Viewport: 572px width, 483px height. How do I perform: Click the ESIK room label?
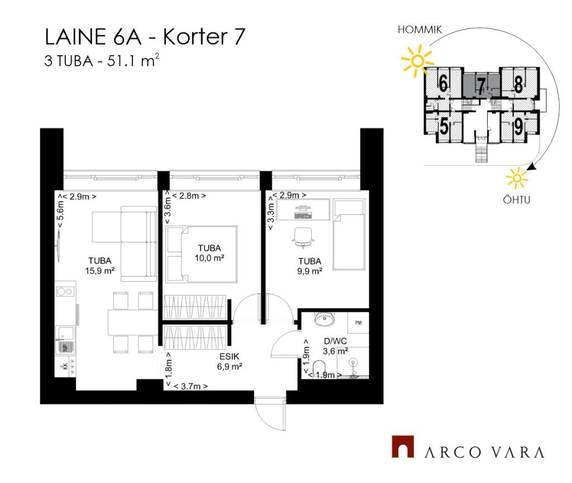[229, 356]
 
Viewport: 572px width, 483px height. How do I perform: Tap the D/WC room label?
[335, 341]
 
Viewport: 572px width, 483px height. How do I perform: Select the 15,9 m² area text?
[99, 271]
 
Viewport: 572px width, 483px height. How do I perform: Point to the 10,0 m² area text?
[209, 258]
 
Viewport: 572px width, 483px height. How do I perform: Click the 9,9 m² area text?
[309, 271]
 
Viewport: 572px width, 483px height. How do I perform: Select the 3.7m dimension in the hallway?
[190, 386]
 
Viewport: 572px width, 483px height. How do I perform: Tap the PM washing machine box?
[358, 322]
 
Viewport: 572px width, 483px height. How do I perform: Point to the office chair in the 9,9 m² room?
[303, 238]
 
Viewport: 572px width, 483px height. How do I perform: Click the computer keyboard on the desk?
[303, 215]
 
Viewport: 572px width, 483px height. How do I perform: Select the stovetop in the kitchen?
[65, 291]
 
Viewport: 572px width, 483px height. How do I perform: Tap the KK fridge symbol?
[65, 366]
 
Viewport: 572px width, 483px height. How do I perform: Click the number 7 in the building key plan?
[481, 86]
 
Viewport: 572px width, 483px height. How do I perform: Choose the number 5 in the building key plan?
[444, 127]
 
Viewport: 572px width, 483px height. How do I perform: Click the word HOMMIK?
[420, 30]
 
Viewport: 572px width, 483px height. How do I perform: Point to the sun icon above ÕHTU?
[517, 178]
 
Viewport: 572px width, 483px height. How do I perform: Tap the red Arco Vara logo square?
[403, 446]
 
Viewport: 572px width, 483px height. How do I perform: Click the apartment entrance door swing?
[270, 414]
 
